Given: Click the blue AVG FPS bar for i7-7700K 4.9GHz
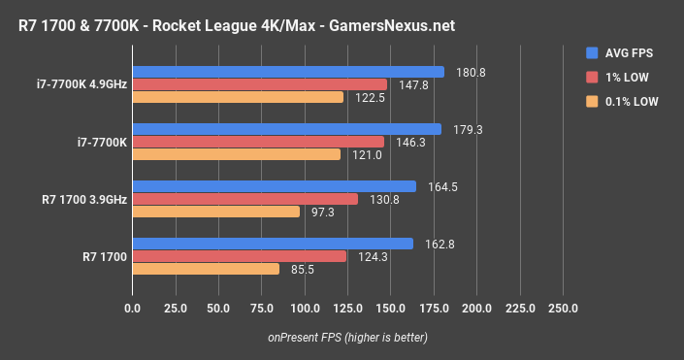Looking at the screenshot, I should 288,72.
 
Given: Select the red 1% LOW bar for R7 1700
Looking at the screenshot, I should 239,256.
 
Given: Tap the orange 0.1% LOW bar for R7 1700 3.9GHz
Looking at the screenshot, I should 215,212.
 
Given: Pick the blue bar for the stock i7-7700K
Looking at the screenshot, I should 286,129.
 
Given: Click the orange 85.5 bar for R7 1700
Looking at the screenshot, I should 206,269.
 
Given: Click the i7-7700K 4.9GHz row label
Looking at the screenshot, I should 73,83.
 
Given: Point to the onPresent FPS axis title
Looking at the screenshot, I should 347,338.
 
